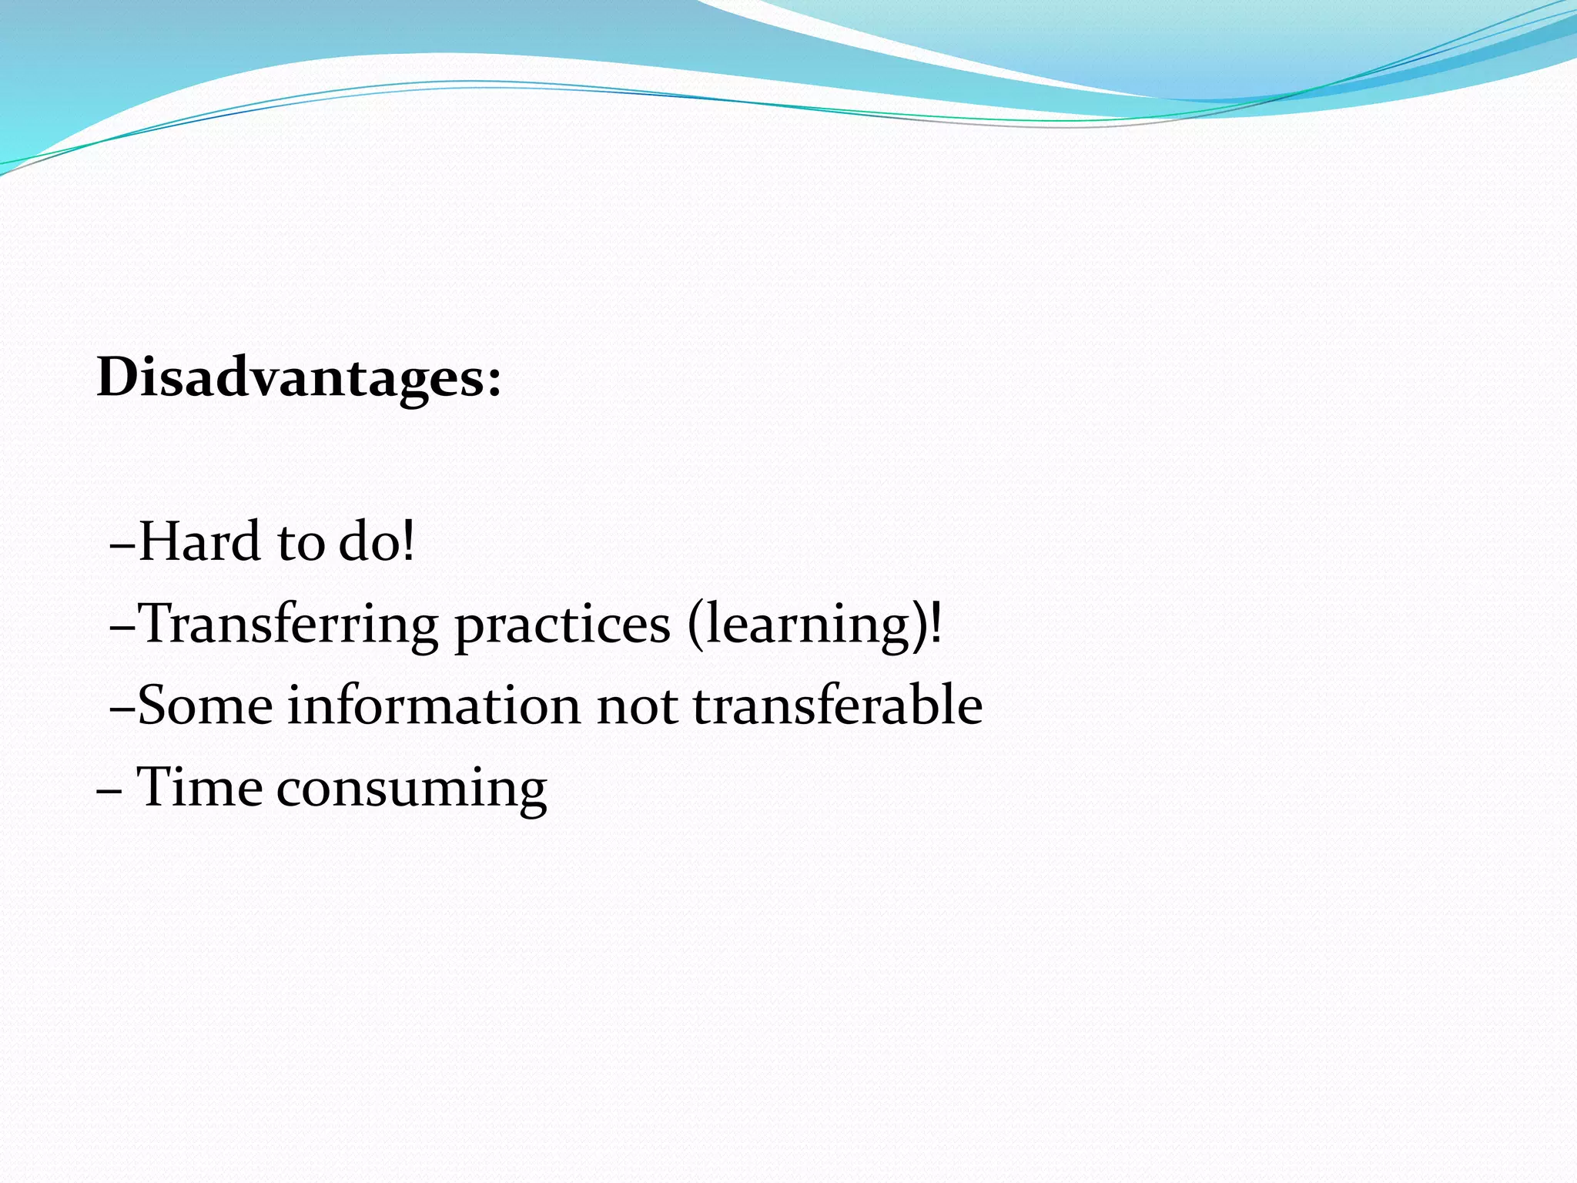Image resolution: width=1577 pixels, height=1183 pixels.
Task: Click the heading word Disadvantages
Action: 289,379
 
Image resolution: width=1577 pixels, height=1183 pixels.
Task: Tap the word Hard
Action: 199,541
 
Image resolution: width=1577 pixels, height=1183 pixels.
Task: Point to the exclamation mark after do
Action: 408,541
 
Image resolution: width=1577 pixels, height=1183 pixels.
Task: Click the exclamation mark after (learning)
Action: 936,624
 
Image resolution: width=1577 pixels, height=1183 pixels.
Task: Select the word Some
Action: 205,706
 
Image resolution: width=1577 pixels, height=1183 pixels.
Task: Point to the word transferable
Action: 837,706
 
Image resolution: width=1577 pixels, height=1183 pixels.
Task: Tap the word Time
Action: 199,788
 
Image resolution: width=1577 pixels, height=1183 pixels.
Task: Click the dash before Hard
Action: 123,546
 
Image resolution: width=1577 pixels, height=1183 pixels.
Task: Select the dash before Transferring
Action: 123,628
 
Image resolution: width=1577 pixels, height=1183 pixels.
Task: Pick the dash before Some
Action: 123,710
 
